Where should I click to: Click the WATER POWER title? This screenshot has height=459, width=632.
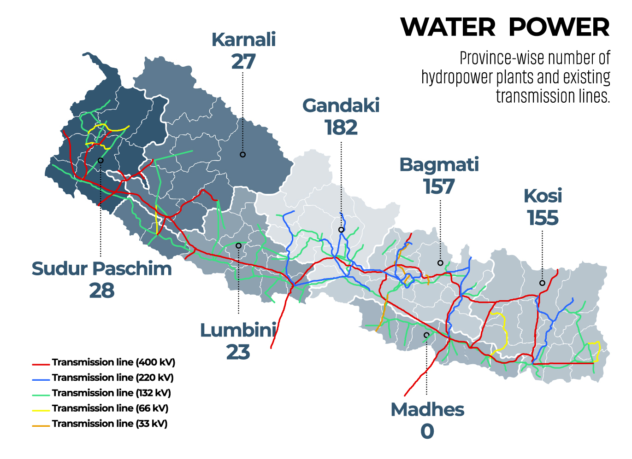click(x=505, y=27)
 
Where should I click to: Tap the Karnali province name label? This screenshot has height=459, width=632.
click(x=243, y=40)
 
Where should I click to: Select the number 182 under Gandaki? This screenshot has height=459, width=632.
click(x=341, y=128)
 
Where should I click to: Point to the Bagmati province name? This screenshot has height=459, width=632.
click(x=439, y=165)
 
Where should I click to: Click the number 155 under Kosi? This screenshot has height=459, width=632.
click(x=543, y=218)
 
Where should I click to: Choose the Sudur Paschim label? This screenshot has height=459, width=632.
click(x=101, y=269)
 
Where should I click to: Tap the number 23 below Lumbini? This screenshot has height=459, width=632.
click(x=238, y=352)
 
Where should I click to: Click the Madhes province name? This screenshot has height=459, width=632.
click(x=427, y=409)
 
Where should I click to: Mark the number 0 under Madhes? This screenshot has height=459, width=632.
click(x=427, y=431)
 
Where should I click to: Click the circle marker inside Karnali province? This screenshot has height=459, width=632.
click(x=242, y=155)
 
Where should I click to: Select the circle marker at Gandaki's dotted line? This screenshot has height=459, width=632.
click(x=341, y=230)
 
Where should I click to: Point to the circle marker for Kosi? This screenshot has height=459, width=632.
click(x=542, y=283)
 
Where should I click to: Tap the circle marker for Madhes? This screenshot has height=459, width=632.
click(x=426, y=335)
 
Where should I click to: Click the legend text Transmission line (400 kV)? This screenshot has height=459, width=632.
click(x=113, y=362)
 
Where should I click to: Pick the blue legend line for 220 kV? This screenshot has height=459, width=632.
click(x=41, y=380)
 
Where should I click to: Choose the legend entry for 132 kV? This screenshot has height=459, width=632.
click(x=111, y=393)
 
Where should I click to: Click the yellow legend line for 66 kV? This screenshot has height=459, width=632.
click(x=41, y=410)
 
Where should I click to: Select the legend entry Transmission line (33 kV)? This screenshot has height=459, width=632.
click(x=109, y=424)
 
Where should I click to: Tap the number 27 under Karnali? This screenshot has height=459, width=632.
click(x=243, y=62)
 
